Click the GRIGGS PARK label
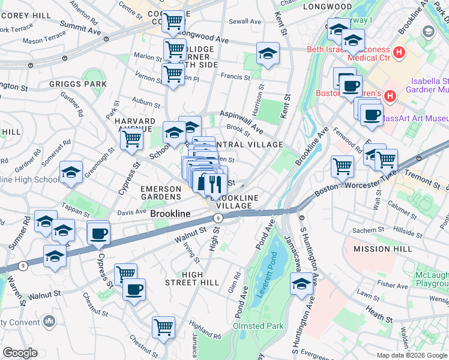[x=86, y=84]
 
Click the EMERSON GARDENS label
[x=161, y=193]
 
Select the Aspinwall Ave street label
[x=241, y=122]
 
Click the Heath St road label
[x=380, y=311]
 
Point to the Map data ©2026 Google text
[x=411, y=355]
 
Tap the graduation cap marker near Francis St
[x=268, y=53]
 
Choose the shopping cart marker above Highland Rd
[x=163, y=328]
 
